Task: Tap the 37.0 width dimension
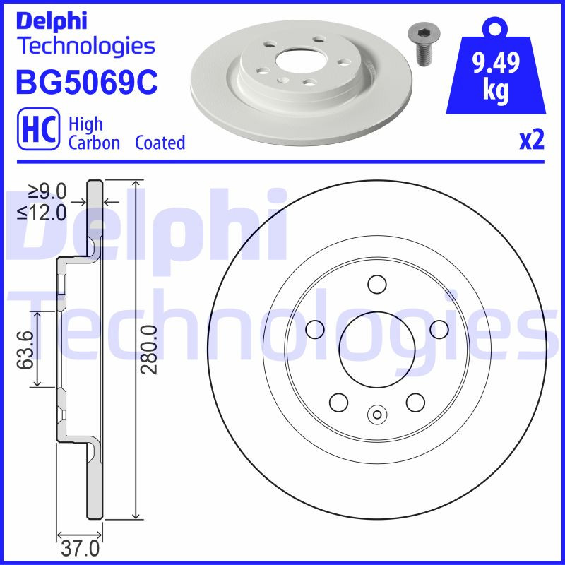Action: [81, 548]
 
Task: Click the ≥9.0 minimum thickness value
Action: [47, 191]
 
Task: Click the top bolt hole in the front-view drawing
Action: [377, 285]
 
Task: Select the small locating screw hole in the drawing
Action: [377, 415]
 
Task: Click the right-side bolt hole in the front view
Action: [439, 329]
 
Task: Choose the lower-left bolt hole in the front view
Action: [339, 402]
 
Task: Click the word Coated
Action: [160, 143]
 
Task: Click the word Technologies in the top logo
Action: [85, 46]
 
